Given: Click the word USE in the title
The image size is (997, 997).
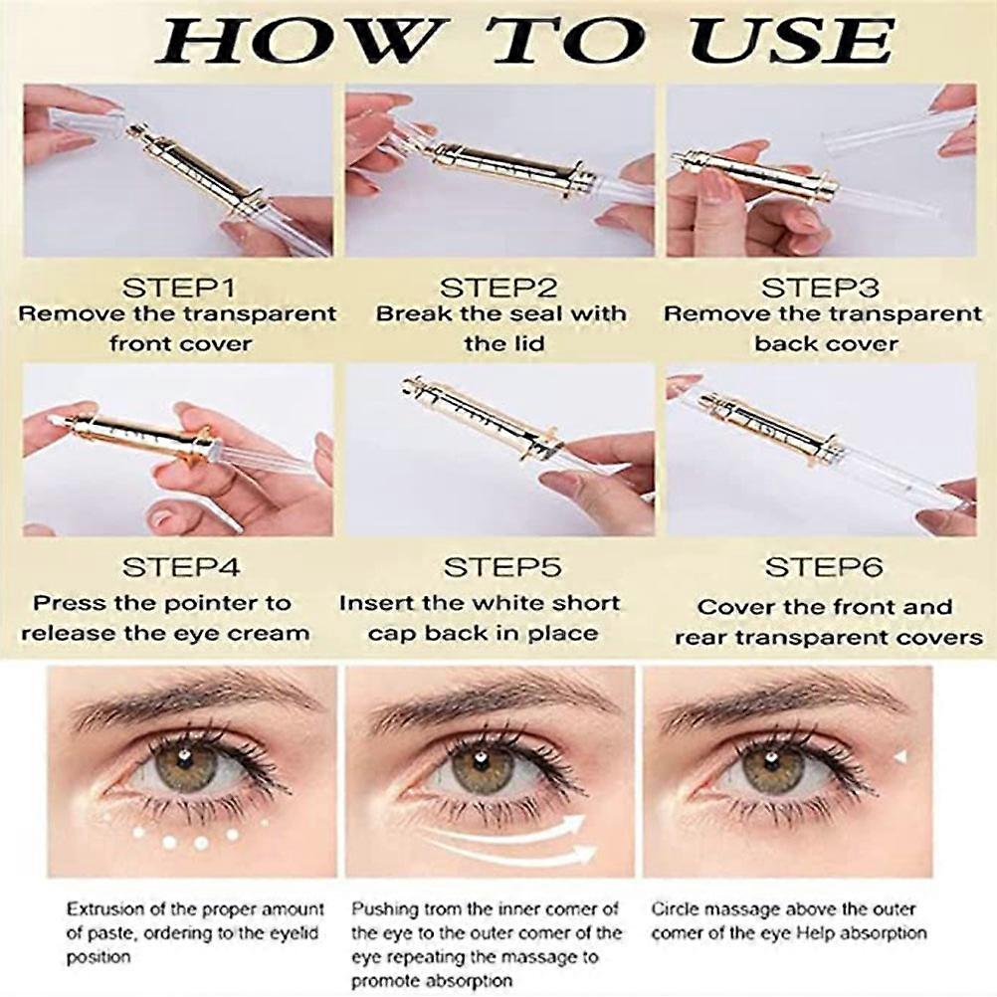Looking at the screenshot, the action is click(x=792, y=41).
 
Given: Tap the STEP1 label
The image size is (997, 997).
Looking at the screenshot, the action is click(x=179, y=288).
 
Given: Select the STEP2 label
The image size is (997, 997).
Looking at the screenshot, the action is click(x=498, y=288).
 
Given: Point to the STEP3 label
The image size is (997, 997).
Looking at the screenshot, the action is click(x=820, y=288).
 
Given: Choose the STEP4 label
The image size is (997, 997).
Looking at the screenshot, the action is click(x=181, y=567).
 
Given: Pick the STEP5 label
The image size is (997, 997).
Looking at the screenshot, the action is click(x=502, y=567).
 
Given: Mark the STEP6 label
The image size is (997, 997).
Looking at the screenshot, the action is click(x=824, y=567).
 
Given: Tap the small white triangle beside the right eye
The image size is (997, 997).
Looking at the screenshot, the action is click(x=899, y=756).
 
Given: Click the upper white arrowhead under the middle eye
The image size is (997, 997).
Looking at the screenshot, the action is click(x=574, y=825).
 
